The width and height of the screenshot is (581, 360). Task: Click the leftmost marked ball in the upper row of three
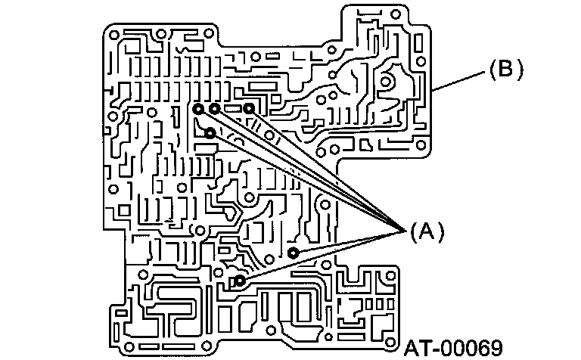[x=198, y=109]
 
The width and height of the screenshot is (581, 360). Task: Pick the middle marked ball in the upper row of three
[x=215, y=109]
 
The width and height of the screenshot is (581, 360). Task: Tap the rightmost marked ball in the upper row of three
[x=249, y=108]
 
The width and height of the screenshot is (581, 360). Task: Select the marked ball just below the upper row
[x=210, y=132]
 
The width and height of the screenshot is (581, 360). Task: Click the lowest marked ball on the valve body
[x=239, y=281]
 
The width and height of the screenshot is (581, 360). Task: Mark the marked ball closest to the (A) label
[x=294, y=251]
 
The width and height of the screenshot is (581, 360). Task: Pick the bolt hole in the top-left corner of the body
[x=113, y=34]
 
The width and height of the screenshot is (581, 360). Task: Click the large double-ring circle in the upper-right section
[x=387, y=79]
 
